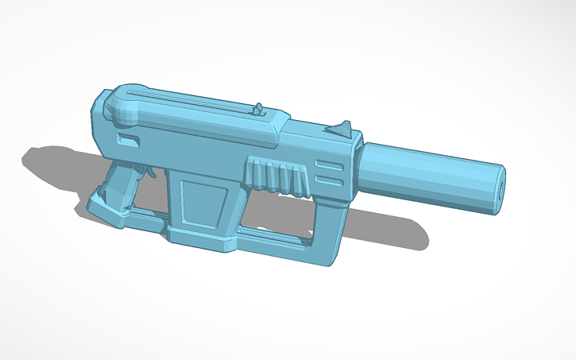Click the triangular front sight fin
coord(342,128)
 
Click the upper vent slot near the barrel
coord(328,165)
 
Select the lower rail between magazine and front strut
coord(274,235)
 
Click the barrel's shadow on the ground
coord(389,230)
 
